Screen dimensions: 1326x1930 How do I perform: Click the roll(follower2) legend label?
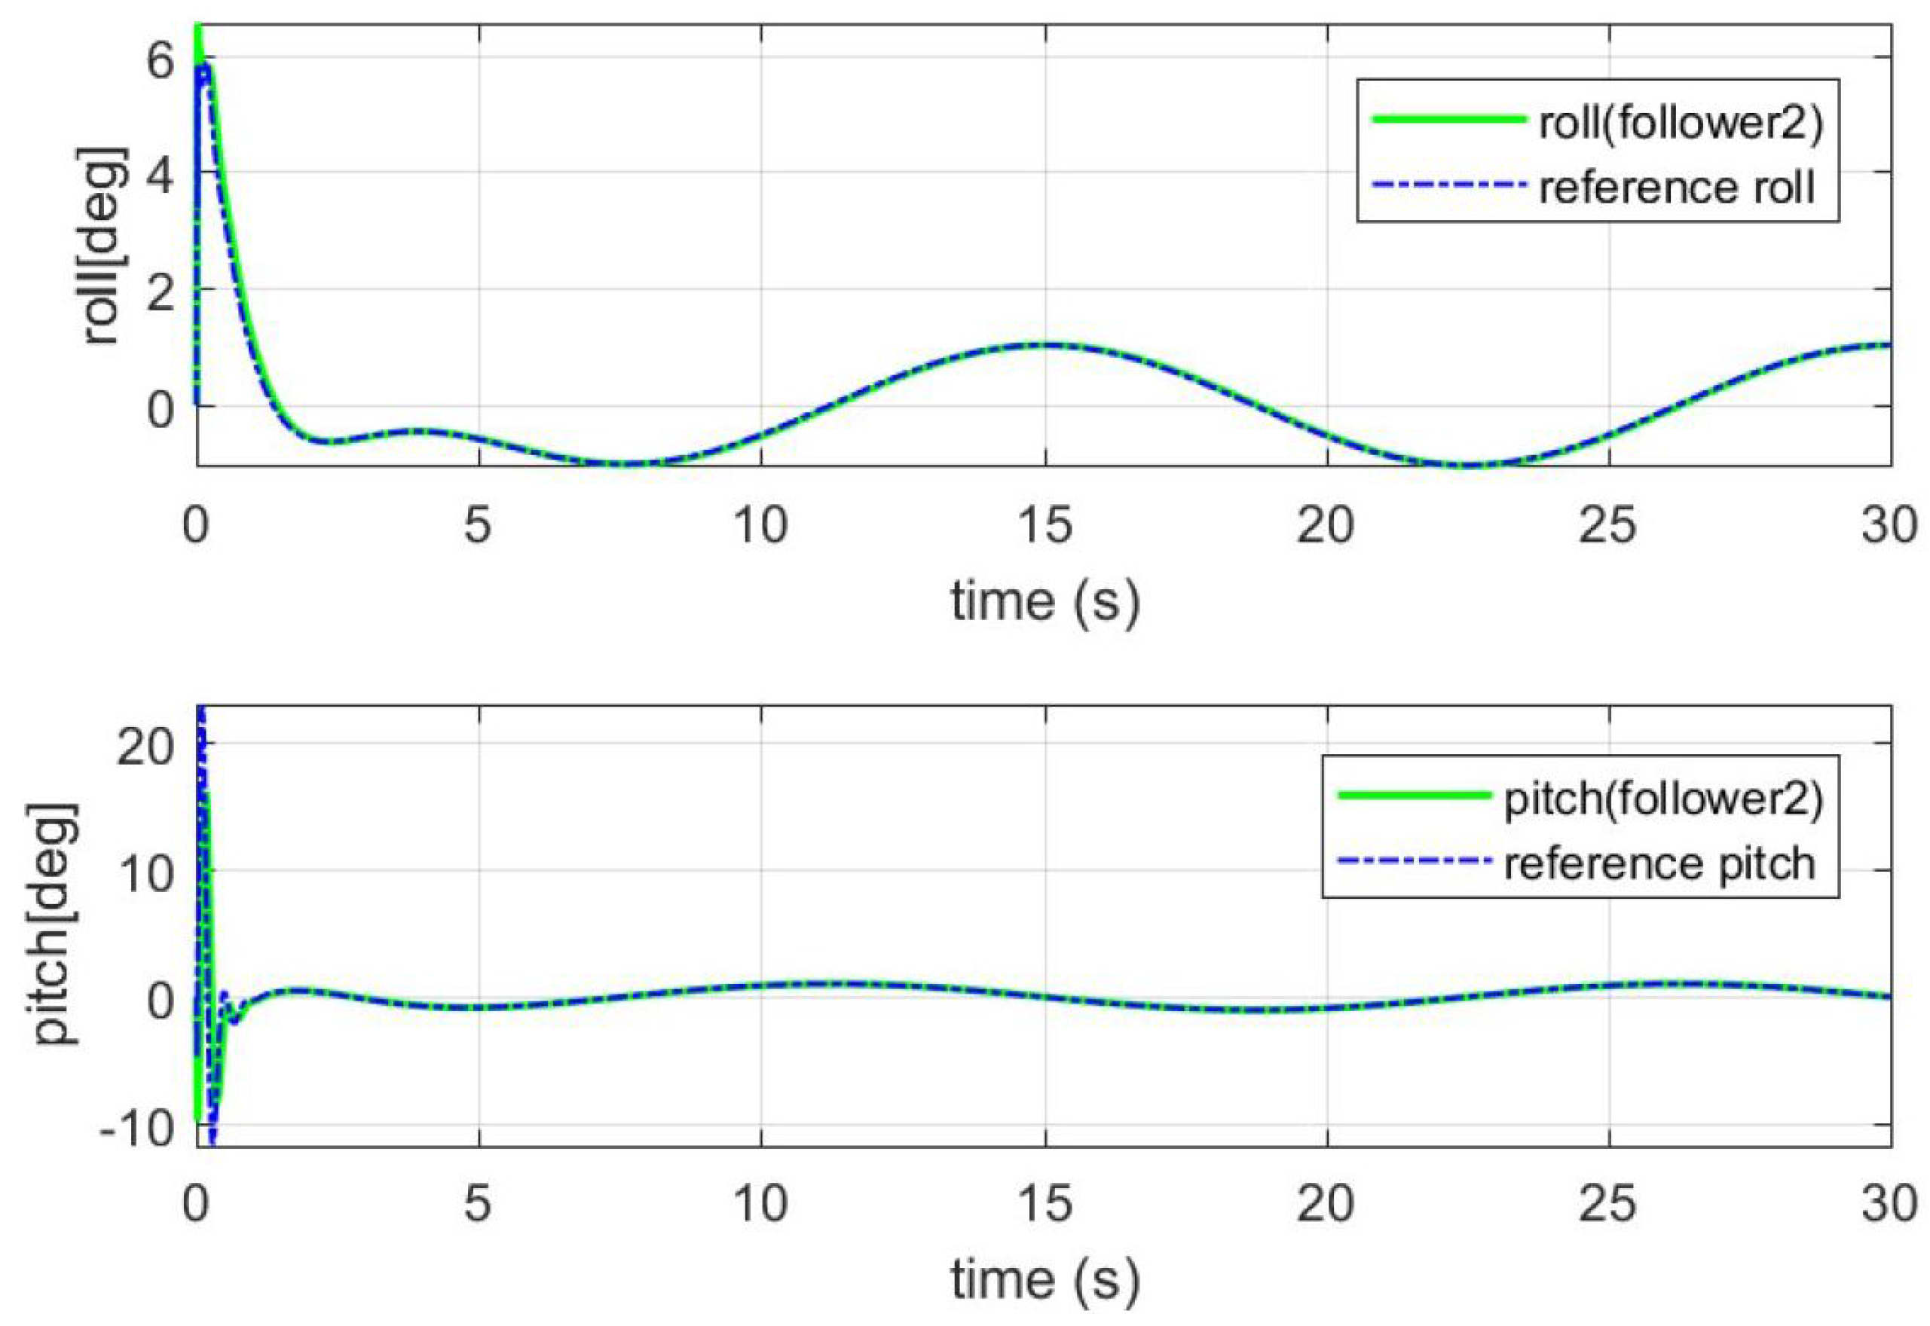1680,124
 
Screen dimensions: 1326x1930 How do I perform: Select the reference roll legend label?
1676,187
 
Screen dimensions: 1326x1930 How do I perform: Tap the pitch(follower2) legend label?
1662,799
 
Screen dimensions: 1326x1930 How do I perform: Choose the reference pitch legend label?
1659,863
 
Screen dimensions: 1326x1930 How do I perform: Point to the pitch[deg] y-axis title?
55,924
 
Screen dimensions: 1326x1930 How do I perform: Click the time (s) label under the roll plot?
1045,600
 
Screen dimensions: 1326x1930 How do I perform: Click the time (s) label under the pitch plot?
1045,1279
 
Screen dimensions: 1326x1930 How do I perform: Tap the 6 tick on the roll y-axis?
160,60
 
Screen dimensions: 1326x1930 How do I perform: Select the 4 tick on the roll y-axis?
160,176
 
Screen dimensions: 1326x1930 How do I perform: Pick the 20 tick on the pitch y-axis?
145,747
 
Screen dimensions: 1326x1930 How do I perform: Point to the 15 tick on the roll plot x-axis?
1045,525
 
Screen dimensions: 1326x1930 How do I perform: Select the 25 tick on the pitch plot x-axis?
1607,1204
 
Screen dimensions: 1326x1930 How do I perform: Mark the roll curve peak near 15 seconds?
1045,344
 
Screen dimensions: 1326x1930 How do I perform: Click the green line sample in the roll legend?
1448,120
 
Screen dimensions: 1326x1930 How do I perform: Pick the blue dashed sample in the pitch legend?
1413,860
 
